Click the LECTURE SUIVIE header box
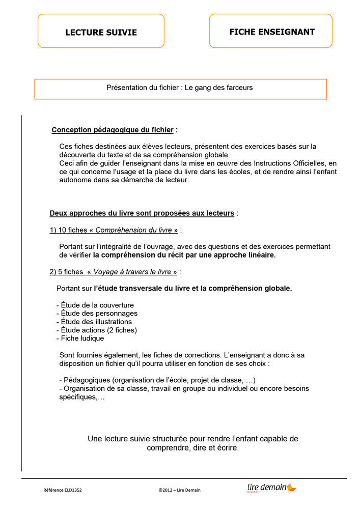click(101, 32)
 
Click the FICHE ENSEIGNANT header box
click(271, 32)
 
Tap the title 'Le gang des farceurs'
click(218, 88)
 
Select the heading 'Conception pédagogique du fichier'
click(113, 130)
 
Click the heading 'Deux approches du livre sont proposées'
click(142, 213)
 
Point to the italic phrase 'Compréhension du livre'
click(133, 230)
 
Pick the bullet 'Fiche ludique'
click(82, 338)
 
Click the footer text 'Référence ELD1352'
click(63, 490)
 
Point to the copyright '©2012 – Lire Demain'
click(179, 490)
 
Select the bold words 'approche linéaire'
click(244, 255)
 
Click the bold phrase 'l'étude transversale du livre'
click(143, 289)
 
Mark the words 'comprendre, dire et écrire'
click(192, 448)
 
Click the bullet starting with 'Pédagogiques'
click(157, 380)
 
